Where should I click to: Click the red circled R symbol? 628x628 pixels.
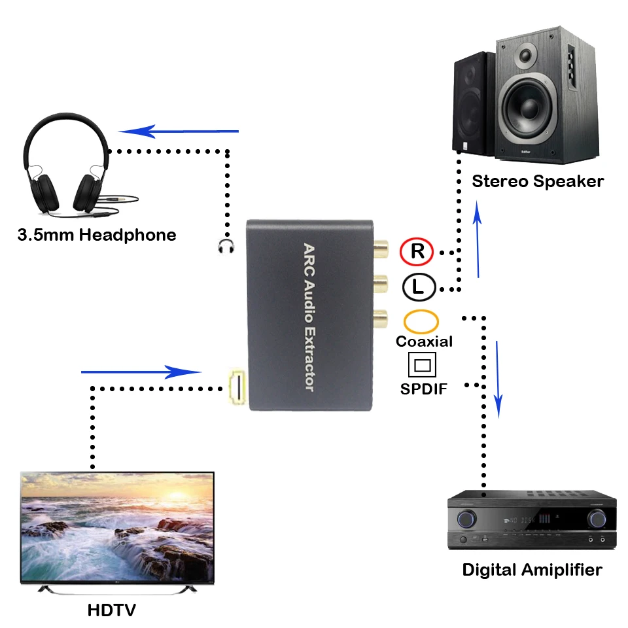point(417,251)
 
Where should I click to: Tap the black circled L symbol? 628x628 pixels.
point(419,287)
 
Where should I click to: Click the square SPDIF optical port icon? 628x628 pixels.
point(422,364)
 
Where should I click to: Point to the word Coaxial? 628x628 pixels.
point(424,341)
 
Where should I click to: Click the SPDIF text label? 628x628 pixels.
point(423,389)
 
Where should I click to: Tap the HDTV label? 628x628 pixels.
point(111,610)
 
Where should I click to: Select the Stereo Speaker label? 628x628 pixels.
point(538,181)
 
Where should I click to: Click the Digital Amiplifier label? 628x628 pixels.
point(532,570)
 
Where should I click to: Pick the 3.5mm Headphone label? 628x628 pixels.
point(97,235)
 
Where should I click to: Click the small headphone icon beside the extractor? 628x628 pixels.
point(226,247)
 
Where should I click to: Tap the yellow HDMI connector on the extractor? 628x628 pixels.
point(237,387)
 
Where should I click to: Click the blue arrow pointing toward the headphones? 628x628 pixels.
point(178,131)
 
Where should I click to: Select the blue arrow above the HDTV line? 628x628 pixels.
point(141,372)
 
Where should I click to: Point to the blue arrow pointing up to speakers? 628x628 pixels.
point(477,239)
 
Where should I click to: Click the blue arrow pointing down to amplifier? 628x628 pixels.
point(498,379)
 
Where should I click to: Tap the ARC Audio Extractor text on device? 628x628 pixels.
point(309,317)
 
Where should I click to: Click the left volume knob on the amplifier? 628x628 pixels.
point(466,519)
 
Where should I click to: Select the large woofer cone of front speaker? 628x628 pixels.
point(527,107)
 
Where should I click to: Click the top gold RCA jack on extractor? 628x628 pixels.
point(381,249)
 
